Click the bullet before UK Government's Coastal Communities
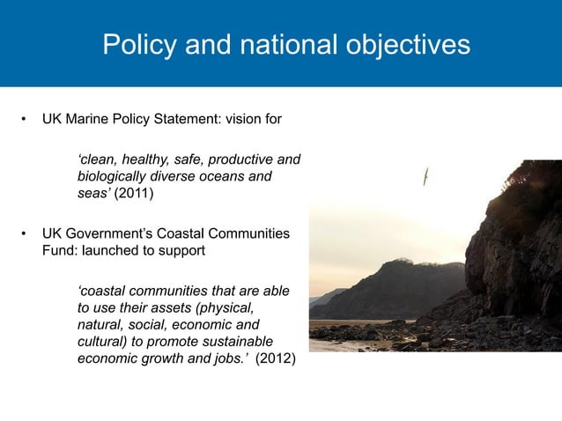click(26, 233)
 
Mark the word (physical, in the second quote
click(226, 307)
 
